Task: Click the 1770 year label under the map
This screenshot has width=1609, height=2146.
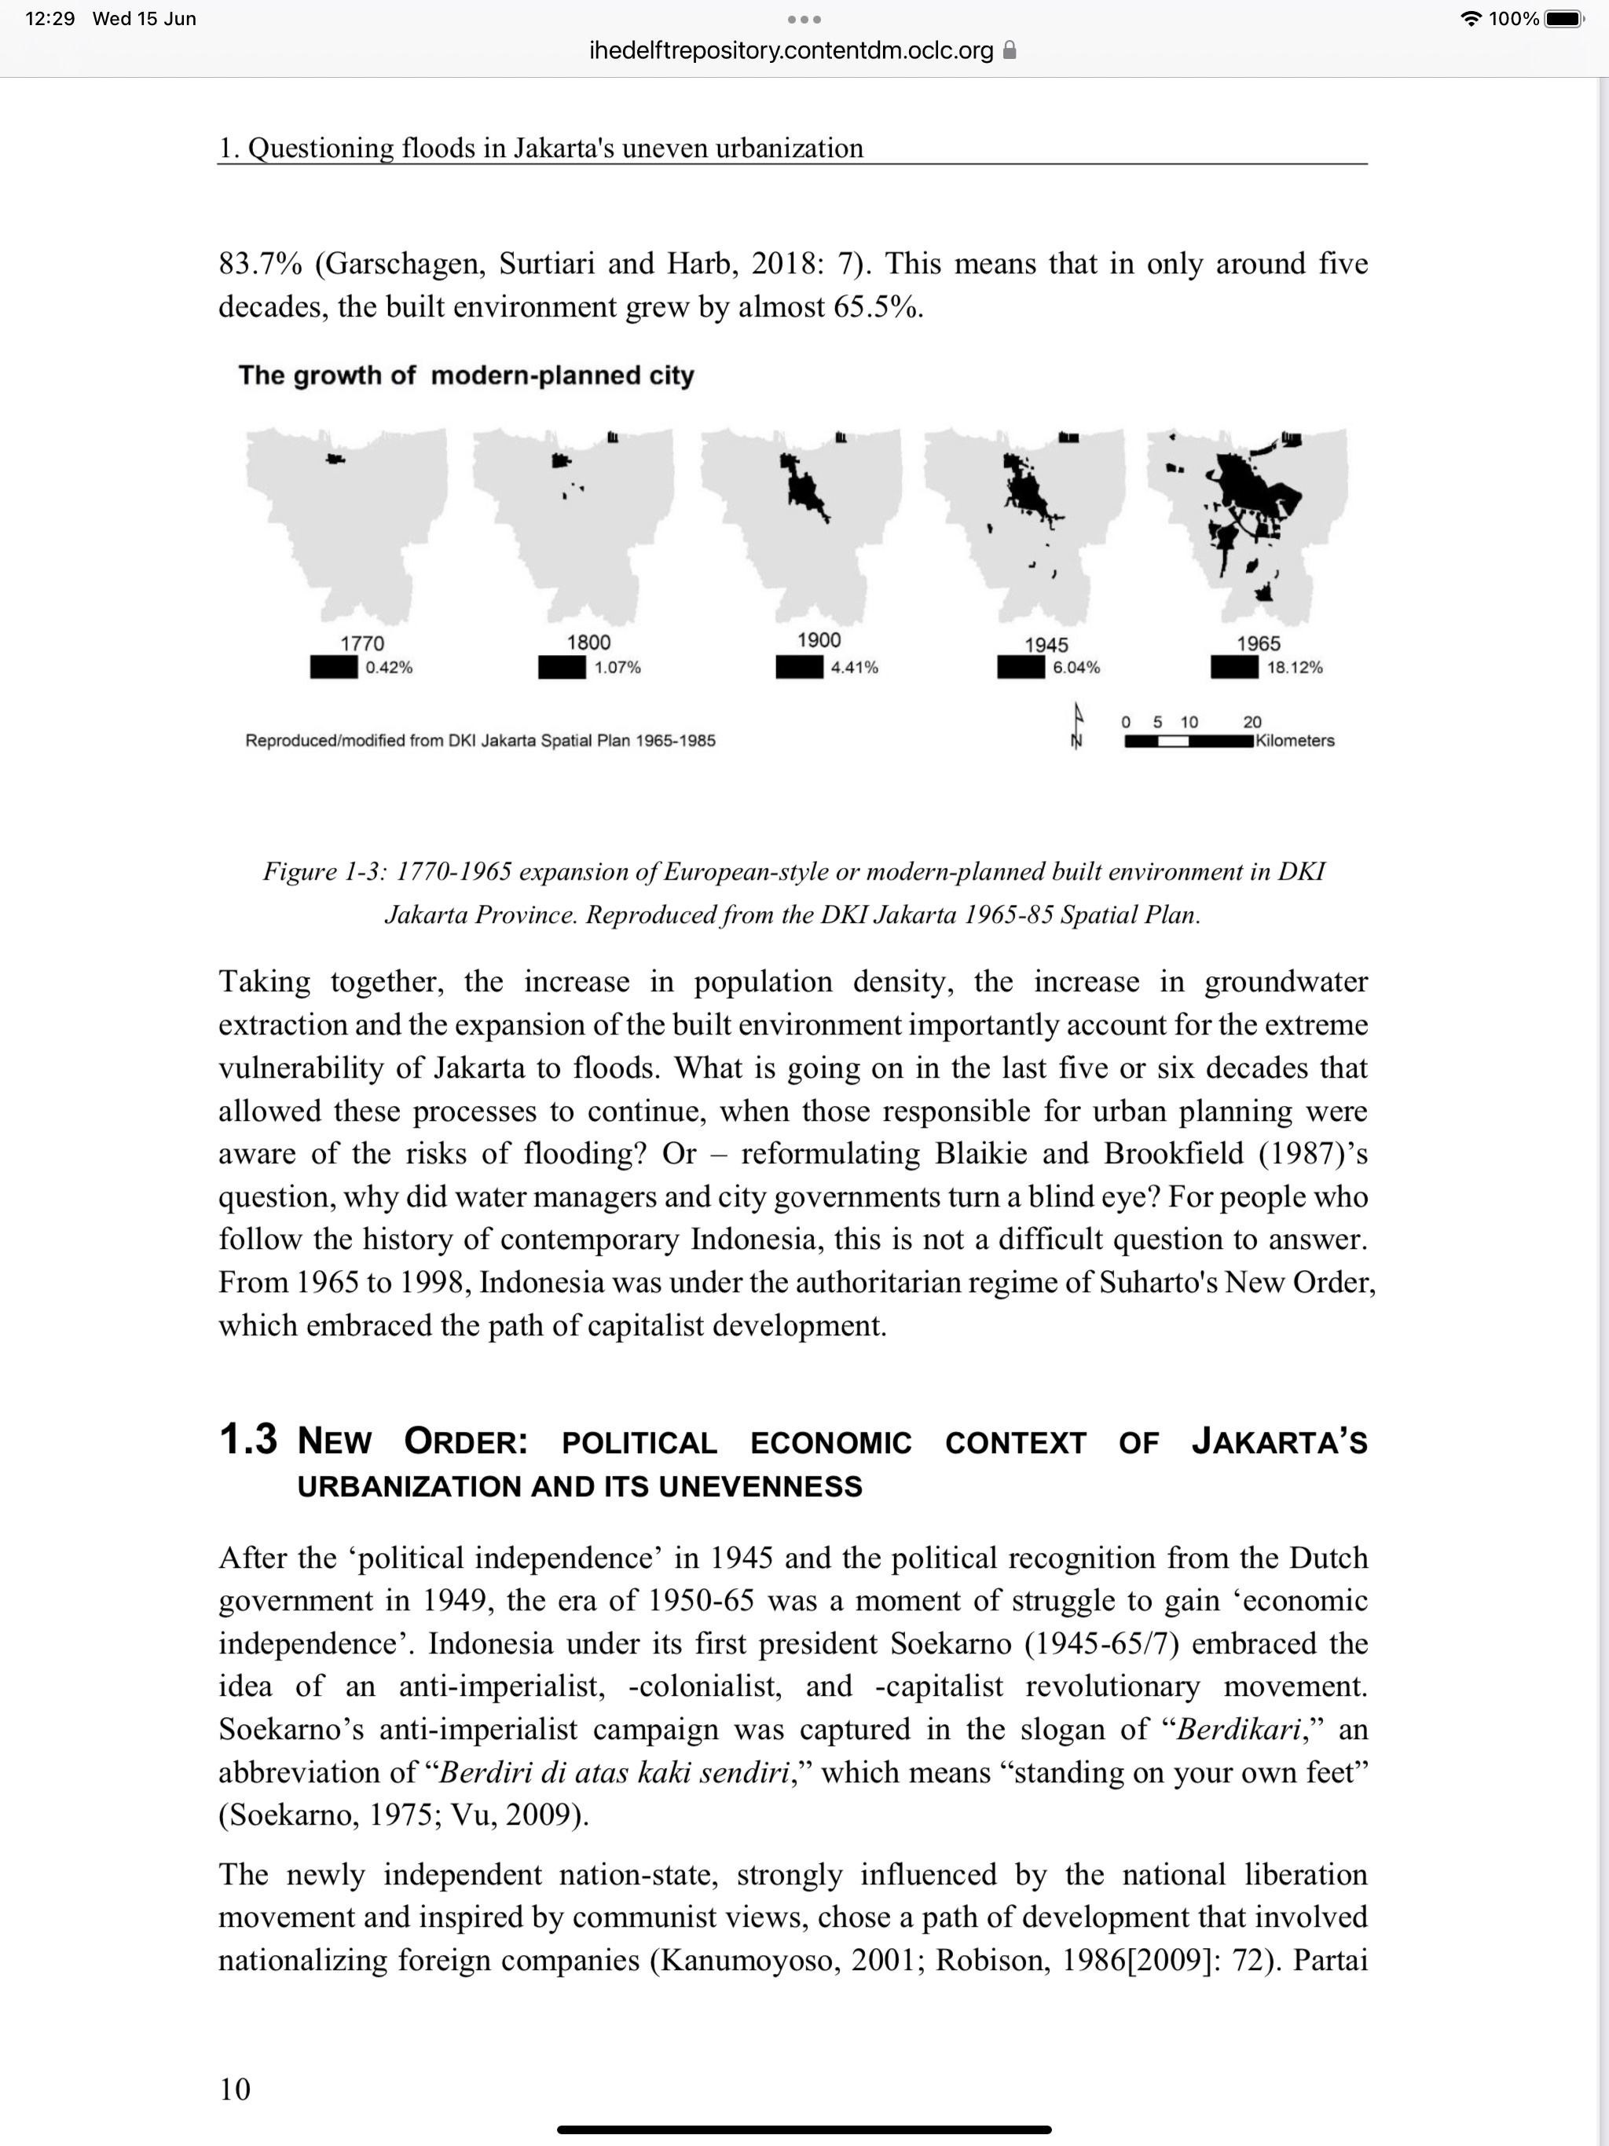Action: tap(362, 643)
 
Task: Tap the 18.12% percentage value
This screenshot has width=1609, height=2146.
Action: tap(1295, 668)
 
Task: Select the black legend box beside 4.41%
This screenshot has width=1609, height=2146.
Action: tap(799, 668)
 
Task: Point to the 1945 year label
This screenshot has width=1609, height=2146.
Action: tap(1046, 645)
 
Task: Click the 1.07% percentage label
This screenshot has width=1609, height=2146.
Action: tap(618, 668)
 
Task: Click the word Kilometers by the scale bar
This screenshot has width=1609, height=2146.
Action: tap(1295, 740)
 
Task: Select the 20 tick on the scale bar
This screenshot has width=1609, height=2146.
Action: tap(1252, 722)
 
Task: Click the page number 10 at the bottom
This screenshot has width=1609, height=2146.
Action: tap(235, 2088)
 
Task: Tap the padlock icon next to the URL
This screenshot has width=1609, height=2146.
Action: tap(1010, 50)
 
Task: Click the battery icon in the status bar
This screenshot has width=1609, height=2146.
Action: tap(1563, 18)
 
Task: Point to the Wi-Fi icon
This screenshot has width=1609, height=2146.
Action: tap(1472, 18)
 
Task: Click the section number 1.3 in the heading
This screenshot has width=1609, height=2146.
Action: tap(247, 1440)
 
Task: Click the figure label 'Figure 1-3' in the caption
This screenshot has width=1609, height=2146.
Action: tap(324, 871)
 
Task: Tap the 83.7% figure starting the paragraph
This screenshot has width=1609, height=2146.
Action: tap(260, 264)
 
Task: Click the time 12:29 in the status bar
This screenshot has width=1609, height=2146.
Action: tap(49, 18)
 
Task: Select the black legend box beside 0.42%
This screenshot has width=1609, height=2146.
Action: tap(334, 668)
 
